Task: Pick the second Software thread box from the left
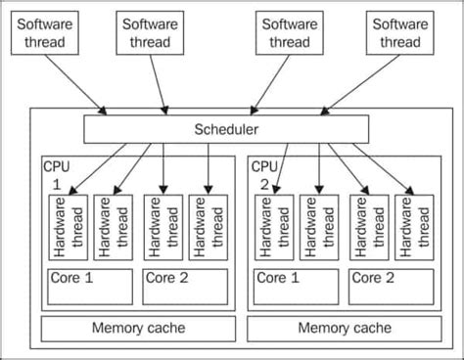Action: click(152, 32)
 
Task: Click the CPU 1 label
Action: click(55, 174)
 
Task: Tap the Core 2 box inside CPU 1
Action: click(185, 286)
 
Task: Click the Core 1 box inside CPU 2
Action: click(297, 286)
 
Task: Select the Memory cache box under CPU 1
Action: click(137, 328)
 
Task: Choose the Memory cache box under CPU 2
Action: click(347, 328)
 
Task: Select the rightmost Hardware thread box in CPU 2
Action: click(416, 227)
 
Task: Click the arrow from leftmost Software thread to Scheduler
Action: click(78, 83)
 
